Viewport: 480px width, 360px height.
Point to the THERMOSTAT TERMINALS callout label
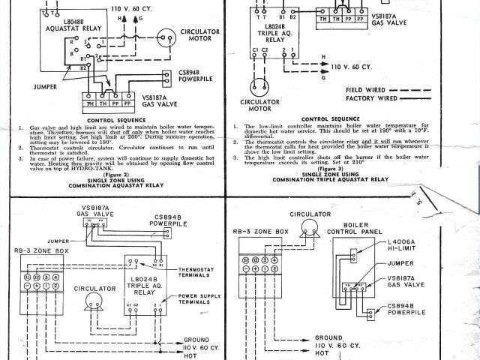[x=196, y=272]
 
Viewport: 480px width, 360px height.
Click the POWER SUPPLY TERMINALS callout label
[x=197, y=298]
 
